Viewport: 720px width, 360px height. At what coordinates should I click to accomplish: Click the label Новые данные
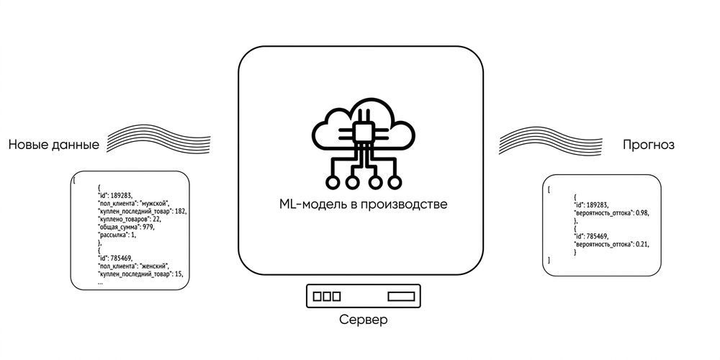[x=54, y=145]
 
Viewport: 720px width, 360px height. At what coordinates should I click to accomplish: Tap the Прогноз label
[x=649, y=145]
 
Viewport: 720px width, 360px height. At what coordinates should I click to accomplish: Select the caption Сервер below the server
[x=363, y=319]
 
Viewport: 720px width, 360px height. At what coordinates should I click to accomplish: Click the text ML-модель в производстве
[x=363, y=204]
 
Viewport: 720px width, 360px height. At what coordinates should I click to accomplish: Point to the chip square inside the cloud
[x=363, y=132]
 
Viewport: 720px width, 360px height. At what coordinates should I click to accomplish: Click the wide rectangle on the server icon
[x=401, y=296]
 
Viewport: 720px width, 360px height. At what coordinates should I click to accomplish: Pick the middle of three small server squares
[x=327, y=296]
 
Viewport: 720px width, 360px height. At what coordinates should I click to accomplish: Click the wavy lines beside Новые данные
[x=158, y=138]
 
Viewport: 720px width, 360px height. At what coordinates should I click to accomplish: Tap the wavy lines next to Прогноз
[x=551, y=140]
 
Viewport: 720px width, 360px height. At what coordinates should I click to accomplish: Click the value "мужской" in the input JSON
[x=155, y=203]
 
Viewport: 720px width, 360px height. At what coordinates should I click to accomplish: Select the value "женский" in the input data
[x=155, y=266]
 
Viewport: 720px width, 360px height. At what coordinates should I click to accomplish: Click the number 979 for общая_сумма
[x=148, y=227]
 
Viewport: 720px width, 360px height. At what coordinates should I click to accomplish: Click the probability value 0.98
[x=642, y=213]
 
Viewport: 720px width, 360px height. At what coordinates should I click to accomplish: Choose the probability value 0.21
[x=642, y=244]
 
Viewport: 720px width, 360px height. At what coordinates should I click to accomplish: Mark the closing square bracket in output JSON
[x=549, y=261]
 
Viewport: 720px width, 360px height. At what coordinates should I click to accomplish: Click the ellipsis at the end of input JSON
[x=100, y=284]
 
